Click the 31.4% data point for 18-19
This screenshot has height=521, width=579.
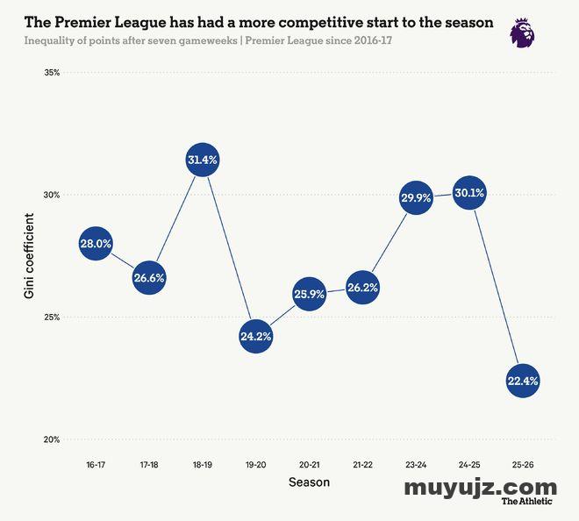click(202, 161)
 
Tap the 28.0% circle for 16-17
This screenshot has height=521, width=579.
click(96, 245)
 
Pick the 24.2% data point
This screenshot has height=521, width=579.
click(255, 336)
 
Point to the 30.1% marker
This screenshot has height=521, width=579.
click(468, 193)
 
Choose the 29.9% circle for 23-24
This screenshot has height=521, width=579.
click(415, 197)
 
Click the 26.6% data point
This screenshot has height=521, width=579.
click(149, 278)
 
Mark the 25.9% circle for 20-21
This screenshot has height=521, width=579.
click(309, 295)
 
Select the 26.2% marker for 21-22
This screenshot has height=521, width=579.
click(361, 288)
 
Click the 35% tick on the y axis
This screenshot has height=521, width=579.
click(51, 73)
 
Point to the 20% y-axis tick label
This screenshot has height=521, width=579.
click(51, 439)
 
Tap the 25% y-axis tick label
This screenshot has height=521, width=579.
click(51, 318)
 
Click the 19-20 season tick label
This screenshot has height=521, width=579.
click(255, 463)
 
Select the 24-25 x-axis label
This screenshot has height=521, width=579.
click(468, 463)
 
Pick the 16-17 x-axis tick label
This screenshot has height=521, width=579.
click(96, 463)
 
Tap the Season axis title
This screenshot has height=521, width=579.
click(309, 482)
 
